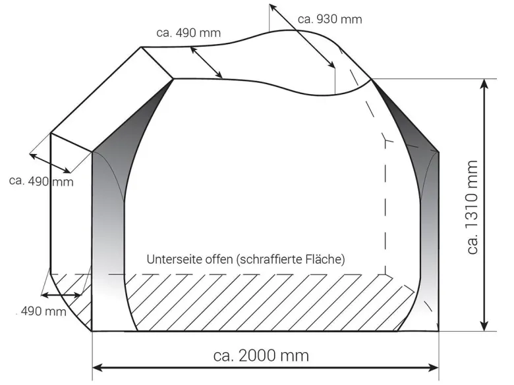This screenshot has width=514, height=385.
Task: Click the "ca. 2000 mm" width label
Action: pyautogui.click(x=261, y=355)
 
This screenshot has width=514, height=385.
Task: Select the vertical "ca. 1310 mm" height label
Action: pyautogui.click(x=472, y=207)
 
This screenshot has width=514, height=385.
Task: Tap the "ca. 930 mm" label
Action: pyautogui.click(x=329, y=19)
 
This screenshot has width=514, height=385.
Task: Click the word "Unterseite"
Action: pyautogui.click(x=174, y=259)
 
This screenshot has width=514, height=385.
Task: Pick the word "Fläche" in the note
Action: pyautogui.click(x=325, y=259)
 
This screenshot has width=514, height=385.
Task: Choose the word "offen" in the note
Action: pyautogui.click(x=219, y=259)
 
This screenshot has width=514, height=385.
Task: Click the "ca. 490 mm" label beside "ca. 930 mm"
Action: pyautogui.click(x=188, y=33)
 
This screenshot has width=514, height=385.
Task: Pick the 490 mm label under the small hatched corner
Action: pyautogui.click(x=43, y=311)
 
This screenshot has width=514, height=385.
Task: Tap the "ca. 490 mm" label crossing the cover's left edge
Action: pyautogui.click(x=42, y=181)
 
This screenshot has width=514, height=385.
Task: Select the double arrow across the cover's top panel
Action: pyautogui.click(x=206, y=63)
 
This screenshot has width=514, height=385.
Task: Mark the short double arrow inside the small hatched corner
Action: pyautogui.click(x=61, y=295)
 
